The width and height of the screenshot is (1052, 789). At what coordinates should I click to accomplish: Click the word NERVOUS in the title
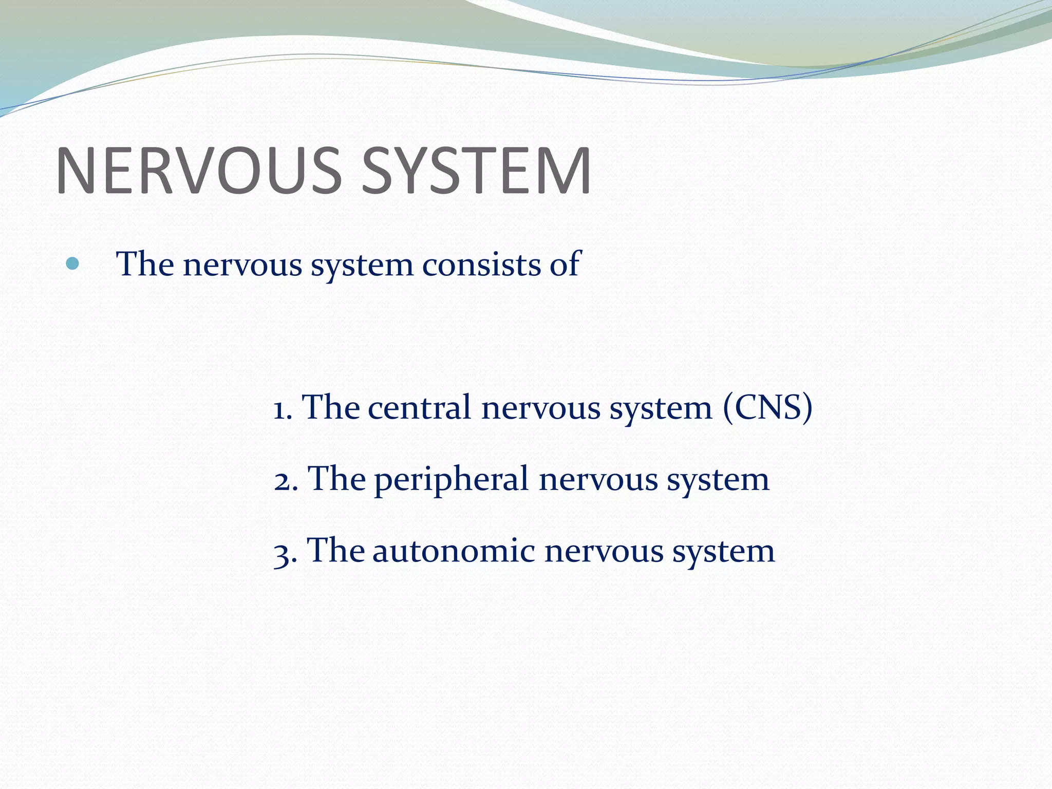(x=198, y=171)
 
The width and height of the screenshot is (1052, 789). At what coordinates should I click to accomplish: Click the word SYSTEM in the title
(x=476, y=171)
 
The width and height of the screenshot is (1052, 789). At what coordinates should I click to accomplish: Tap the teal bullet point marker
(x=72, y=264)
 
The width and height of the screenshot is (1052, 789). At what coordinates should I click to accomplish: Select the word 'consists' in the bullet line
(x=481, y=265)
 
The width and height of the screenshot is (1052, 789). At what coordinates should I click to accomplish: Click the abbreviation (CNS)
(x=767, y=408)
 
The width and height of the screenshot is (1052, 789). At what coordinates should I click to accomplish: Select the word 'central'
(x=419, y=408)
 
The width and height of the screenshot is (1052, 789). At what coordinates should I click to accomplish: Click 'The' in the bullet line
(x=145, y=264)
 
